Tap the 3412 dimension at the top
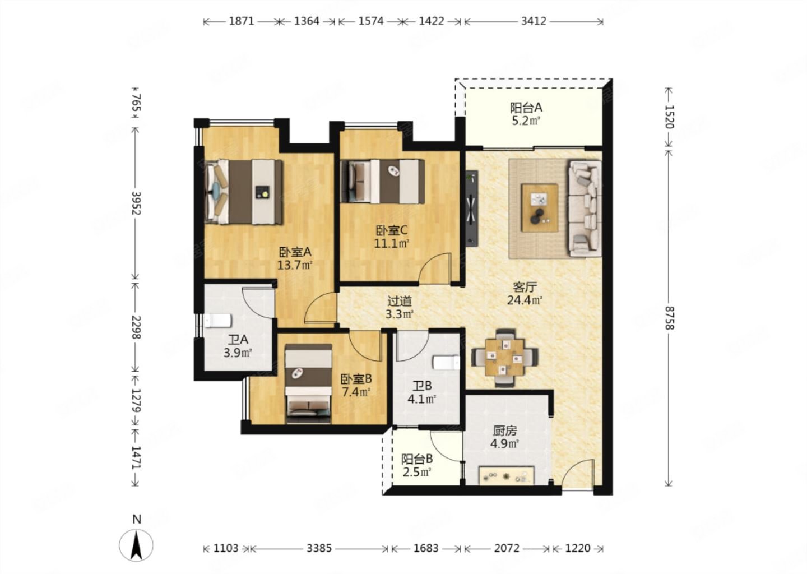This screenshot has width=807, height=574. [x=534, y=21]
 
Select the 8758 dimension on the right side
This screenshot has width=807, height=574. [x=669, y=318]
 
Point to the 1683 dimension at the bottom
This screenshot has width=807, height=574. [x=426, y=548]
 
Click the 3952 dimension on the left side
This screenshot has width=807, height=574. [x=136, y=203]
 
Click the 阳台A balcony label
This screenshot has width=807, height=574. [x=526, y=108]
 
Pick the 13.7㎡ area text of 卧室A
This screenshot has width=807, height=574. [x=294, y=265]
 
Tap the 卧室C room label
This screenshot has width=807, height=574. [x=392, y=230]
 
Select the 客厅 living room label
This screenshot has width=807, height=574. [x=525, y=287]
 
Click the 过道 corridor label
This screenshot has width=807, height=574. [x=400, y=301]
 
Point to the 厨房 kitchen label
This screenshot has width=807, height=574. [x=505, y=430]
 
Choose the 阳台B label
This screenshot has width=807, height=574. [x=417, y=459]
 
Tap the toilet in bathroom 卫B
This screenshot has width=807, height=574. [x=446, y=363]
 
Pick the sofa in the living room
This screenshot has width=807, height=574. [x=585, y=209]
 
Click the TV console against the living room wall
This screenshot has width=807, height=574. [x=472, y=209]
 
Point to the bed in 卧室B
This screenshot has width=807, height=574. [x=308, y=384]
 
